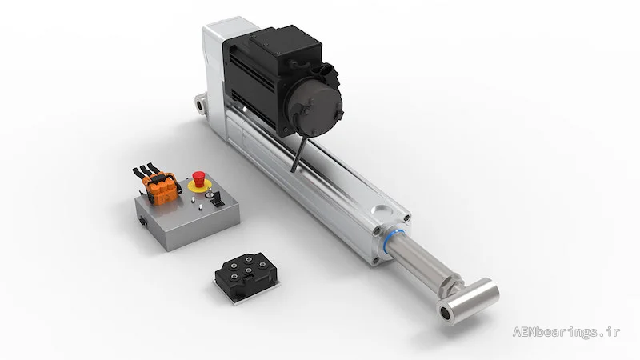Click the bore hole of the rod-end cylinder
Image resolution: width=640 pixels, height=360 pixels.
(446, 313)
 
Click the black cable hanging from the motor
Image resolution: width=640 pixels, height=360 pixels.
(298, 154)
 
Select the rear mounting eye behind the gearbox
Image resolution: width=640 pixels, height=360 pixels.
(200, 104)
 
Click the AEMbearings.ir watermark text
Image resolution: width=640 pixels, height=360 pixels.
(566, 332)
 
